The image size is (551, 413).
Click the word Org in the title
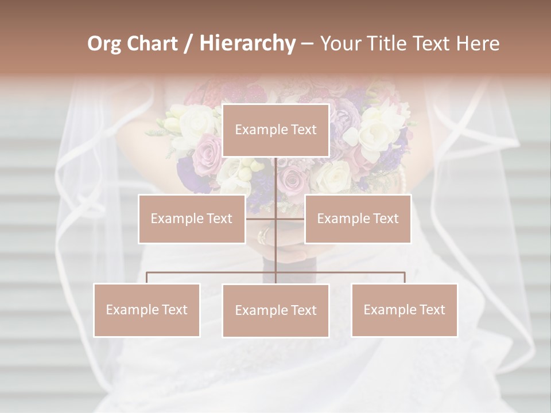tap(104, 44)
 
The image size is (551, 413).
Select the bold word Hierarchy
tap(247, 44)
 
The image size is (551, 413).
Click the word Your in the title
tap(341, 44)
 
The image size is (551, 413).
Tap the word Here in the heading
tap(477, 44)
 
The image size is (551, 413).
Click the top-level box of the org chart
tap(275, 130)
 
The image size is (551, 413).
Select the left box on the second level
tap(192, 219)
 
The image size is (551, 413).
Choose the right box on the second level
tap(358, 219)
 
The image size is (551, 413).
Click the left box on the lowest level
tap(147, 310)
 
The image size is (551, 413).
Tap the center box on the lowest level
tap(275, 310)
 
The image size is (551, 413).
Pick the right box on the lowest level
tap(404, 310)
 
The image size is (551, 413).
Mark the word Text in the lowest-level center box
tap(303, 310)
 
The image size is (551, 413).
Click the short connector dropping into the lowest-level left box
tap(147, 278)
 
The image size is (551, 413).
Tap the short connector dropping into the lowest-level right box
tap(404, 278)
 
